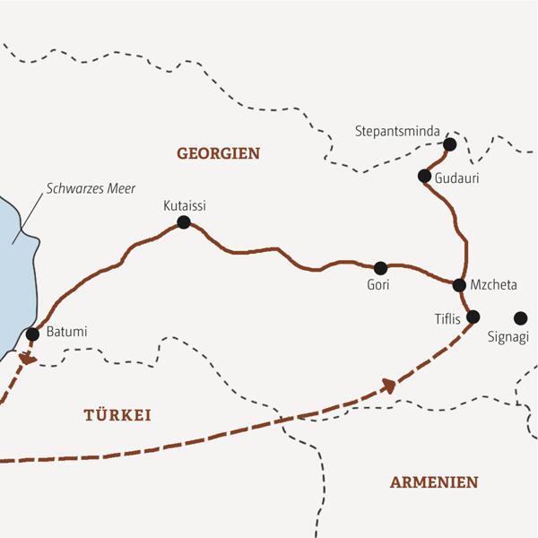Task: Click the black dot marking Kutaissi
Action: coord(184,221)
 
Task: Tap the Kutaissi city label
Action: coord(185,204)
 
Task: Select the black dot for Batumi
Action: coord(32,334)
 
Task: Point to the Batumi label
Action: coord(65,333)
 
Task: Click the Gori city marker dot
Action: coord(380,267)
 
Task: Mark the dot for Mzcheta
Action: coord(459,285)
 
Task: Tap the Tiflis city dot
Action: coord(473,316)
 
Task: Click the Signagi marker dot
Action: coord(520,317)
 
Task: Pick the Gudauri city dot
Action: coord(424,176)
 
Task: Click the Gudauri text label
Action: coord(456,178)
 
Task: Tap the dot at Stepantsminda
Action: coord(449,144)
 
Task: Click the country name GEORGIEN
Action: coord(218,153)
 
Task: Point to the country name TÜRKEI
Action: coord(117,415)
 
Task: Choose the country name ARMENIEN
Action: coord(433,482)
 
